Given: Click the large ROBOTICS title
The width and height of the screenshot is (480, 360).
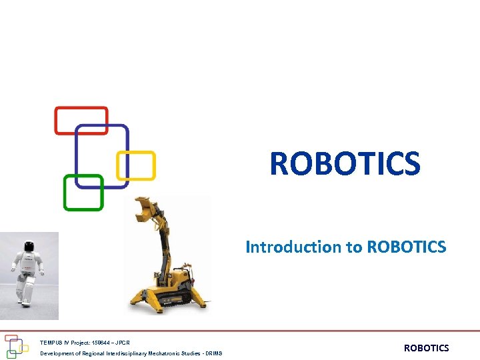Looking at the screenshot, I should [x=345, y=164].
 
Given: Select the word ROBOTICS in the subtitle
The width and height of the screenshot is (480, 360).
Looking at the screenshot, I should [x=406, y=247].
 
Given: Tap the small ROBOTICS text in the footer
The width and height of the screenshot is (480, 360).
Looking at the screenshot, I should [x=427, y=348].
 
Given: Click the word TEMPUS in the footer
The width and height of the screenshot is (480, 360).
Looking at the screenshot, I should [x=50, y=343].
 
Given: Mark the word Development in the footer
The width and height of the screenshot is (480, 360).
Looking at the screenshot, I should [x=55, y=353].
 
